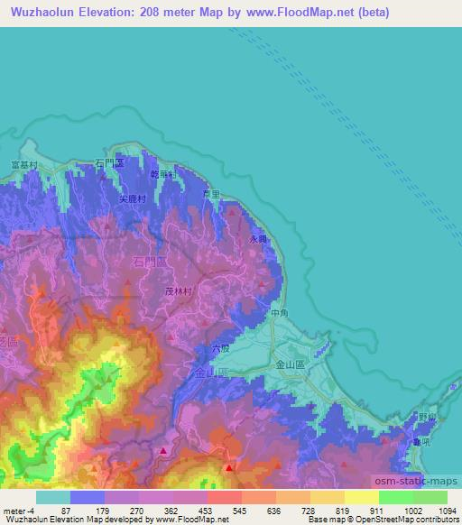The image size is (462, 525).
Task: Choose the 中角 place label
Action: pos(279,313)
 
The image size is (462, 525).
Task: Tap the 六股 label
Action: pos(221,346)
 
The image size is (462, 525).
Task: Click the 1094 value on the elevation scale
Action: pos(446,510)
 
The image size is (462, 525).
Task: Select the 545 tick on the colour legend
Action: pos(240,510)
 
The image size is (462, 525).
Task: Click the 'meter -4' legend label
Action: pos(19,510)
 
